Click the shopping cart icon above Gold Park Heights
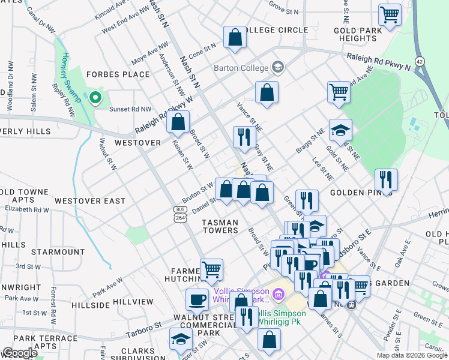tap(390, 14)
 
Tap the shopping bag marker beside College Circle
tap(235, 37)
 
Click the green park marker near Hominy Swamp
tap(95, 98)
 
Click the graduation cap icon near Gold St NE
tap(340, 130)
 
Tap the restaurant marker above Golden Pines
tap(386, 179)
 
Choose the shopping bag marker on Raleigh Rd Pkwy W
tap(178, 121)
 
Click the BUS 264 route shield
tap(180, 214)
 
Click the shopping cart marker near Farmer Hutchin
tap(211, 269)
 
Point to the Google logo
tap(20, 353)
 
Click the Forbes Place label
tap(118, 74)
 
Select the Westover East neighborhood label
tap(90, 201)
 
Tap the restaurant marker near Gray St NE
tap(244, 137)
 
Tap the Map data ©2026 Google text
tap(411, 355)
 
